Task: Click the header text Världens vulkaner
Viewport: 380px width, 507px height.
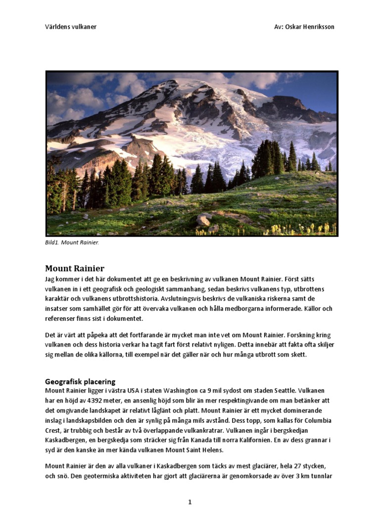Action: (x=71, y=27)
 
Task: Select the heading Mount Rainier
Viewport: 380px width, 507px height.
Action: (x=75, y=269)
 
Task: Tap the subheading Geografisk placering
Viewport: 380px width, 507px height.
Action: (x=80, y=382)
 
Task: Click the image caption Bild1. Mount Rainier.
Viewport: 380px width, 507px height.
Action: (x=72, y=243)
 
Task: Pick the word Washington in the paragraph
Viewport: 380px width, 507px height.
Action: (x=189, y=391)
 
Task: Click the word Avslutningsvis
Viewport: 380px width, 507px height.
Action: (x=179, y=299)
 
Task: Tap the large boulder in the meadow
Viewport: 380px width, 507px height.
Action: (x=204, y=219)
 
